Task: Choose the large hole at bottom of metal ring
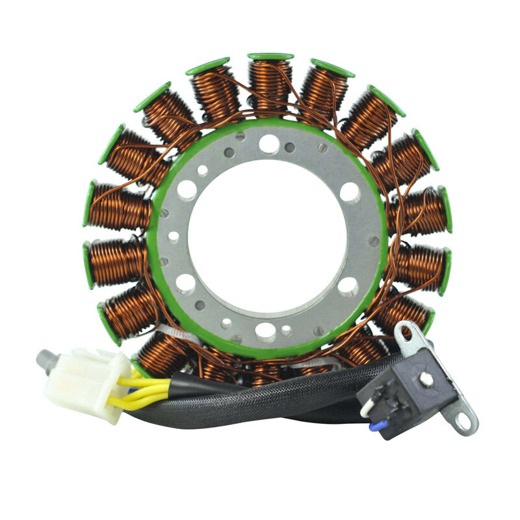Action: point(265,331)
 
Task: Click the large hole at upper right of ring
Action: point(349,192)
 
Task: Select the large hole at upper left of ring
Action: point(187,190)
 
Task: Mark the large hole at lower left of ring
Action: point(186,284)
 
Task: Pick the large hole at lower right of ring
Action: point(348,286)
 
